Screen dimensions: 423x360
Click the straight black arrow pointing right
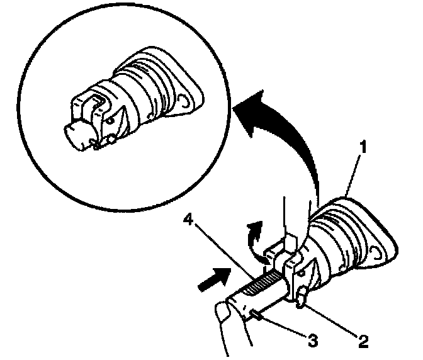(x=212, y=278)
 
